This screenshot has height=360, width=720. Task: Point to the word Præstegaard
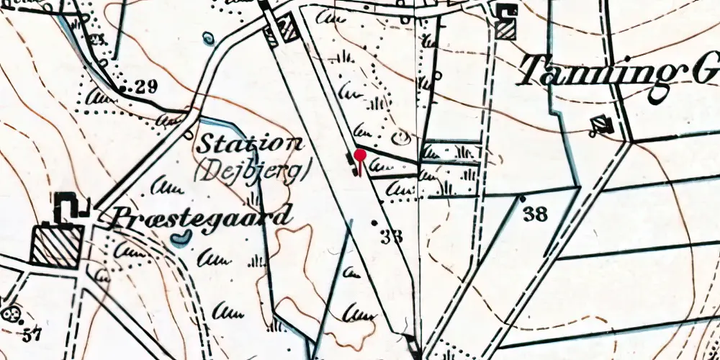click(202, 215)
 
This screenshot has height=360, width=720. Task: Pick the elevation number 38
click(536, 213)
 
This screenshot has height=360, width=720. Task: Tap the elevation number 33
click(392, 235)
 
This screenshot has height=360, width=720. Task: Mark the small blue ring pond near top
click(208, 37)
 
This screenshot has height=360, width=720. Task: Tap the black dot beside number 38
click(522, 197)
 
